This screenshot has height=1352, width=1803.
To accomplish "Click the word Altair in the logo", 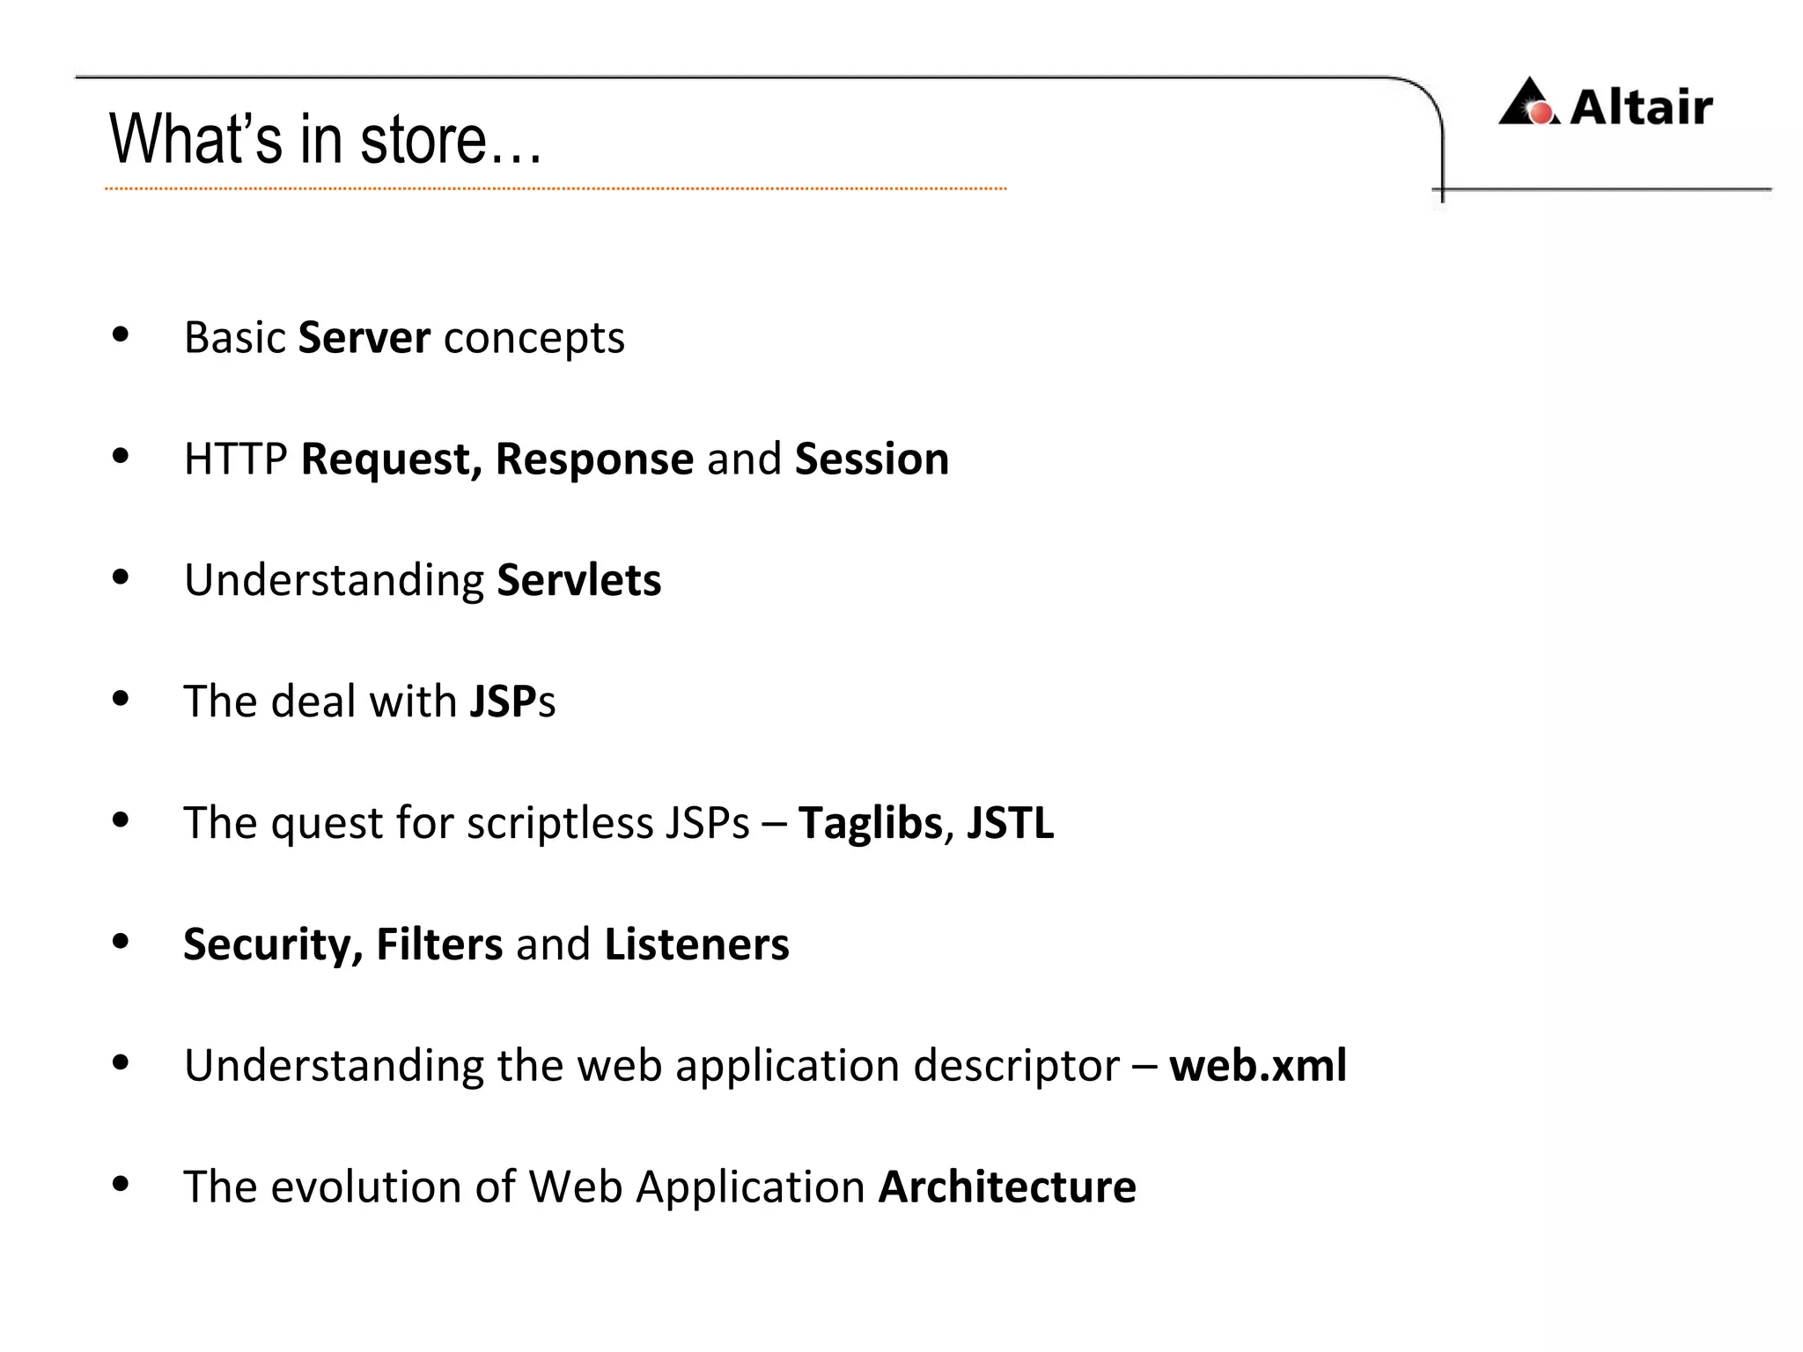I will pyautogui.click(x=1641, y=107).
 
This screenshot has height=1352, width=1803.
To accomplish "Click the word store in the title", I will pyautogui.click(x=423, y=140).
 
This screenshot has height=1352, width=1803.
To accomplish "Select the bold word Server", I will pyautogui.click(x=364, y=338).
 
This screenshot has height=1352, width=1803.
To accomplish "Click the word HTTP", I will pyautogui.click(x=235, y=459).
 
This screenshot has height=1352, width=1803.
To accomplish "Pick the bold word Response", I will pyautogui.click(x=594, y=459).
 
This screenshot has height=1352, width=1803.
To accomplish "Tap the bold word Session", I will pyautogui.click(x=872, y=459).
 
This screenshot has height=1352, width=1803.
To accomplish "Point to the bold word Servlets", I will pyautogui.click(x=578, y=581).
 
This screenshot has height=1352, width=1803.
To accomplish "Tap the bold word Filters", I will pyautogui.click(x=439, y=944).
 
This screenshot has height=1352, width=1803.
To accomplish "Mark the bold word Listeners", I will pyautogui.click(x=696, y=944).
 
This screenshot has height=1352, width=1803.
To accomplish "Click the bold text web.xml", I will pyautogui.click(x=1257, y=1066).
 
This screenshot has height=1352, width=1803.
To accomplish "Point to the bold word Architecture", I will pyautogui.click(x=1007, y=1187).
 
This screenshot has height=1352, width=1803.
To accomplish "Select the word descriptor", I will pyautogui.click(x=1016, y=1066).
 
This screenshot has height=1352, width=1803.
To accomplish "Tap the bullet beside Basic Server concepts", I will pyautogui.click(x=121, y=334).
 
